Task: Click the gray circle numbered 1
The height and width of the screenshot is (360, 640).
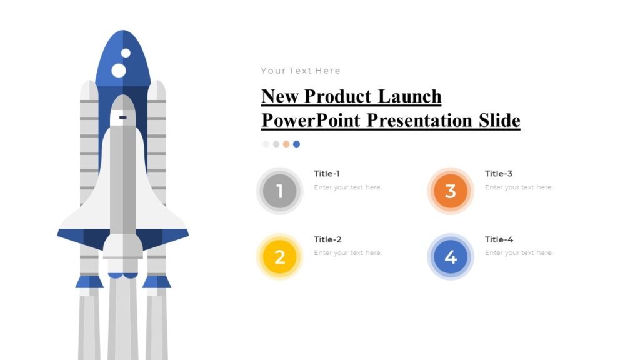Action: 279,191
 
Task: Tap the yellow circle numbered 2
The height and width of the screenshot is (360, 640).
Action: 279,257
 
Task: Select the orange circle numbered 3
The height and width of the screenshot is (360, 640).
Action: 451,191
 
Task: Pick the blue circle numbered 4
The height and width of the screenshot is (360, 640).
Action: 451,257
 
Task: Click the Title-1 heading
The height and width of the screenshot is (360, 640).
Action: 327,174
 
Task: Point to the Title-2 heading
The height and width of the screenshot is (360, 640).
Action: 327,239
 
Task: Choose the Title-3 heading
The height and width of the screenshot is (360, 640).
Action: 499,174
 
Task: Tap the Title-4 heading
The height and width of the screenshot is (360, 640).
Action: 499,239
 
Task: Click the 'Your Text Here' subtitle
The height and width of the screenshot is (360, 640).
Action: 301,71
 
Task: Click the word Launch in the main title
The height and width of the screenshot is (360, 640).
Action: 409,97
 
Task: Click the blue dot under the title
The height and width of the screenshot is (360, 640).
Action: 296,144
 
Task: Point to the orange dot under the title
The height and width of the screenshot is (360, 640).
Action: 286,144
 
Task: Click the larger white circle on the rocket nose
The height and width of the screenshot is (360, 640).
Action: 119,71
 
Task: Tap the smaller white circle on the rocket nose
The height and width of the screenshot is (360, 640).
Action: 126,53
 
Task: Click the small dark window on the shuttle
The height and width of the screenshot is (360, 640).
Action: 123,117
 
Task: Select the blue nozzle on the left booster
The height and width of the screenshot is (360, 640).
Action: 89,282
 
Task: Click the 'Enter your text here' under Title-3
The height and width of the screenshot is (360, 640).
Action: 519,187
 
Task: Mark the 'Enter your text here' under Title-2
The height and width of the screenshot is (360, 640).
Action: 347,253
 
